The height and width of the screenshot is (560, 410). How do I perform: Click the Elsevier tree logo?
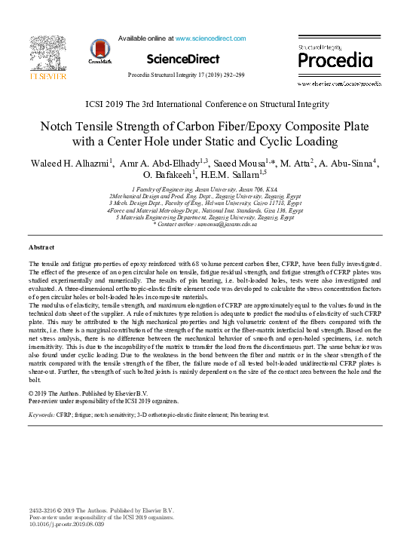(47, 54)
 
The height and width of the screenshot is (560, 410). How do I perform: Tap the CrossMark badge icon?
(99, 50)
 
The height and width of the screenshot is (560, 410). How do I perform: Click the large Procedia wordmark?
(335, 60)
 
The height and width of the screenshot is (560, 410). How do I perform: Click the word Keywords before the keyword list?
(41, 415)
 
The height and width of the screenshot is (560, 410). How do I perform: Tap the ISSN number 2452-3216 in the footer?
(43, 510)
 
